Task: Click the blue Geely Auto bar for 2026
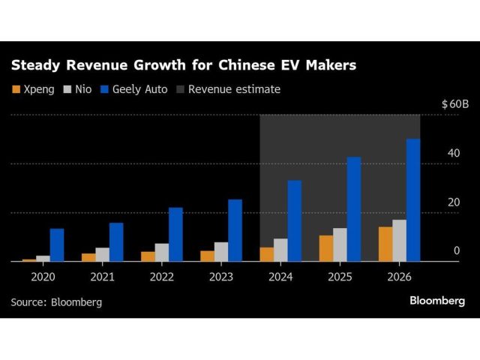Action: click(x=413, y=200)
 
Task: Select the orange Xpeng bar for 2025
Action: click(x=326, y=248)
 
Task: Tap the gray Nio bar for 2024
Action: click(x=280, y=250)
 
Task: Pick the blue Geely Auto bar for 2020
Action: click(x=57, y=245)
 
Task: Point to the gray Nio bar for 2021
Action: click(x=102, y=254)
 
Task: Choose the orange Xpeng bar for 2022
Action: click(x=148, y=256)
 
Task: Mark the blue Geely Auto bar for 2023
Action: click(x=235, y=230)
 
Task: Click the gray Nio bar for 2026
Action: click(x=399, y=240)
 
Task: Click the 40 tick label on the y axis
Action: click(x=453, y=153)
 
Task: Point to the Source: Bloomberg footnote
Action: click(x=56, y=302)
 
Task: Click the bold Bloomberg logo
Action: click(x=436, y=301)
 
